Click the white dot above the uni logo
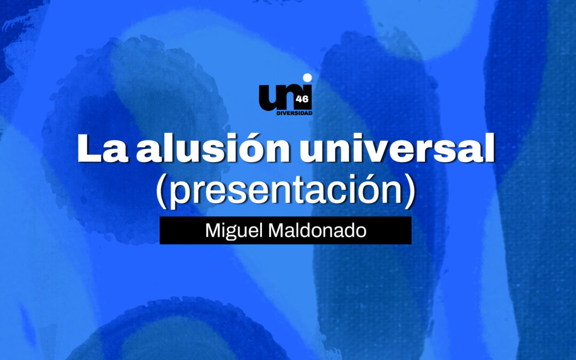(x=307, y=78)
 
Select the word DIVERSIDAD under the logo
(x=294, y=113)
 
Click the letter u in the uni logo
(x=269, y=98)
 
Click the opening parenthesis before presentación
(x=161, y=190)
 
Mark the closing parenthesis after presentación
(x=410, y=190)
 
